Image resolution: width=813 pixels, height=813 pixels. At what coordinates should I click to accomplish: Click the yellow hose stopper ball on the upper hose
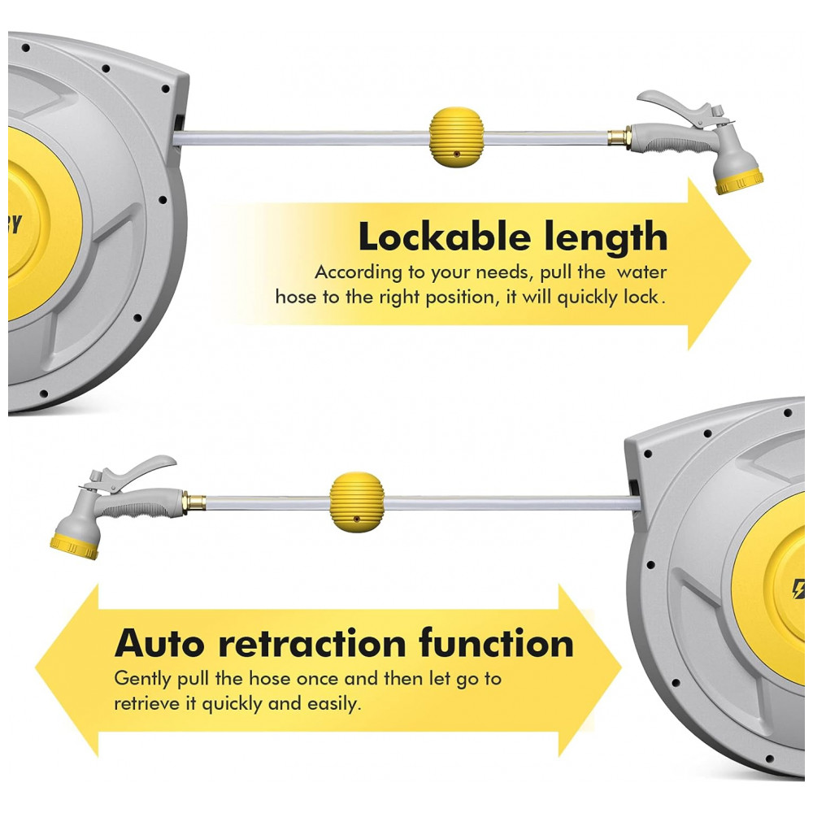click(456, 137)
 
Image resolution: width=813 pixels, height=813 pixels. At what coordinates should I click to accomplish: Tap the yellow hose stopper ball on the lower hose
click(357, 502)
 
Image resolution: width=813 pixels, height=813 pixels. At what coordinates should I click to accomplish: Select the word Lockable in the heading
click(443, 237)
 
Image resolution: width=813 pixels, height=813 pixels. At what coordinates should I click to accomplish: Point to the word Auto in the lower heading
click(159, 643)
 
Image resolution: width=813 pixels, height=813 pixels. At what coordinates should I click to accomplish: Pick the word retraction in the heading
click(312, 643)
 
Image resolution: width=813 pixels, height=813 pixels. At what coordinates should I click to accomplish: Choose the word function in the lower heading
click(496, 642)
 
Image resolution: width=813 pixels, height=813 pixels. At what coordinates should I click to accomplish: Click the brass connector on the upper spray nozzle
click(620, 138)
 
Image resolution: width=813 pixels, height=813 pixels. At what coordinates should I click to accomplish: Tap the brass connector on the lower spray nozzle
click(193, 502)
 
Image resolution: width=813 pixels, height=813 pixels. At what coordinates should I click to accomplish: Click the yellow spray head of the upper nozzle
click(739, 181)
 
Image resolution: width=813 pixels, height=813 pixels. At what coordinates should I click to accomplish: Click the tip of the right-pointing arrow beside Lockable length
click(750, 263)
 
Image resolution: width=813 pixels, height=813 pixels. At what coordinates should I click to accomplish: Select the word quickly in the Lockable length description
click(588, 298)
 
